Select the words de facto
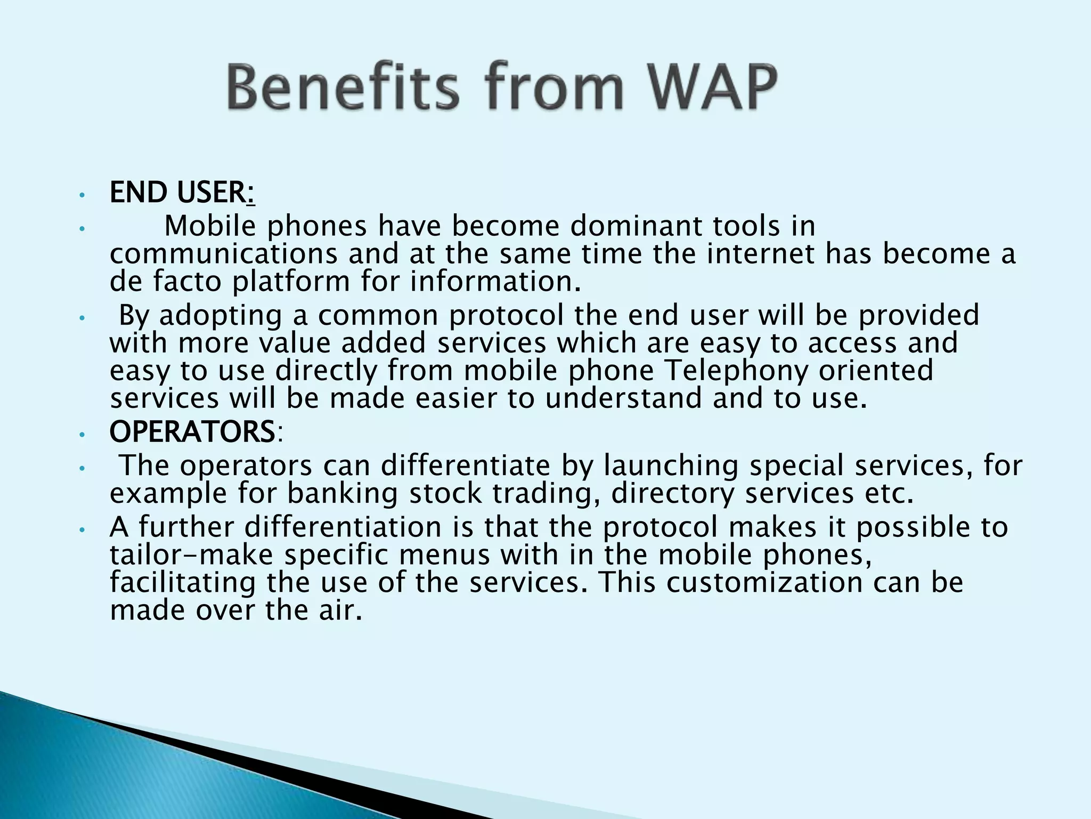point(165,282)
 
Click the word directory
point(672,494)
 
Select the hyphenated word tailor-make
point(191,555)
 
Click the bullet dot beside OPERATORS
point(81,436)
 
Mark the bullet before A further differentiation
point(81,530)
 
